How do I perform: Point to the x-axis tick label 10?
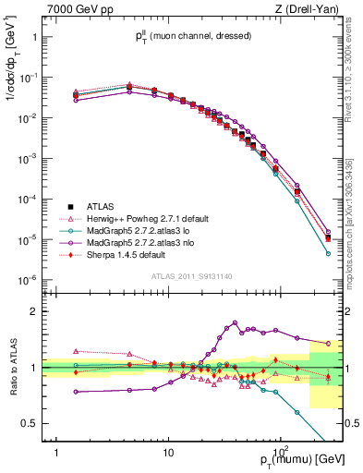pyautogui.click(x=168, y=452)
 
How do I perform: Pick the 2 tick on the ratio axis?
pyautogui.click(x=35, y=311)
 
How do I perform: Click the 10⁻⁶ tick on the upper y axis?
pyautogui.click(x=30, y=281)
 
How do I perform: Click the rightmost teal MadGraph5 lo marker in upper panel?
pyautogui.click(x=328, y=253)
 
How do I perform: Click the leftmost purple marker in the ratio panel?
pyautogui.click(x=76, y=392)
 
